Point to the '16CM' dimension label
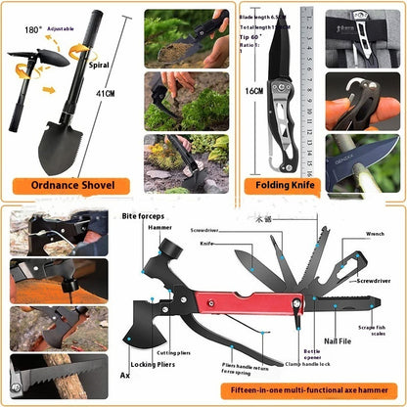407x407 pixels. (x=254, y=90)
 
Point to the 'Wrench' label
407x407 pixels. (x=375, y=234)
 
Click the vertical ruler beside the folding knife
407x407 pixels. (x=309, y=88)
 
